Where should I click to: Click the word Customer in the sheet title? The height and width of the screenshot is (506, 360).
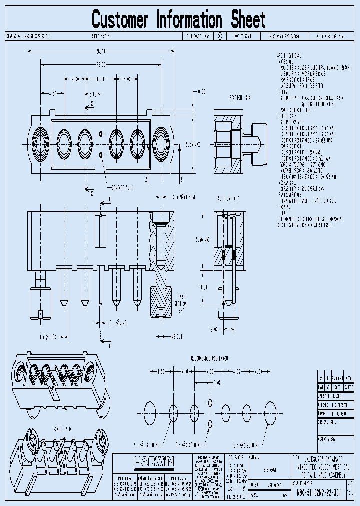click(x=120, y=20)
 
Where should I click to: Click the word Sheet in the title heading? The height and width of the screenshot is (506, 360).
click(x=248, y=20)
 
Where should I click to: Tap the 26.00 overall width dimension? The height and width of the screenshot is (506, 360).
click(x=100, y=51)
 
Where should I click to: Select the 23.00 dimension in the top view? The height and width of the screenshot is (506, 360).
click(x=100, y=64)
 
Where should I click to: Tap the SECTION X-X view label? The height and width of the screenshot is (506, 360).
click(x=240, y=97)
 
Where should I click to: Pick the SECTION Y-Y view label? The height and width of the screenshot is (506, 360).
click(x=229, y=198)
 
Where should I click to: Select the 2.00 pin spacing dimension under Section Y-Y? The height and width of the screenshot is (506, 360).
click(x=213, y=329)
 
